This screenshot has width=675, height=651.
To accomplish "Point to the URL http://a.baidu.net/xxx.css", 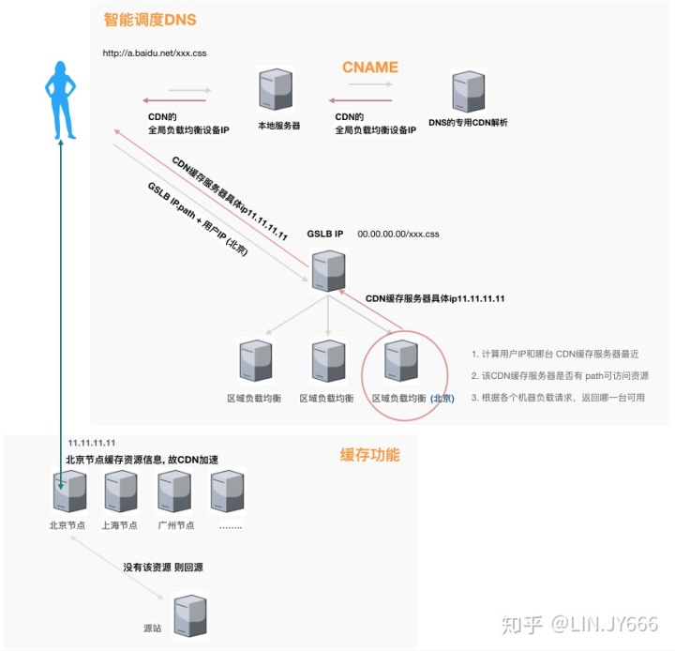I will (155, 53).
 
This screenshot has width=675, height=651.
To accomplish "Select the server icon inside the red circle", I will (400, 361).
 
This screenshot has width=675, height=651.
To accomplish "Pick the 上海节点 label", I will (119, 525).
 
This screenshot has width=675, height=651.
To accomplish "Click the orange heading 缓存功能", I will (369, 455).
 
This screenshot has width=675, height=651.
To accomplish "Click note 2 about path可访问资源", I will (560, 375).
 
